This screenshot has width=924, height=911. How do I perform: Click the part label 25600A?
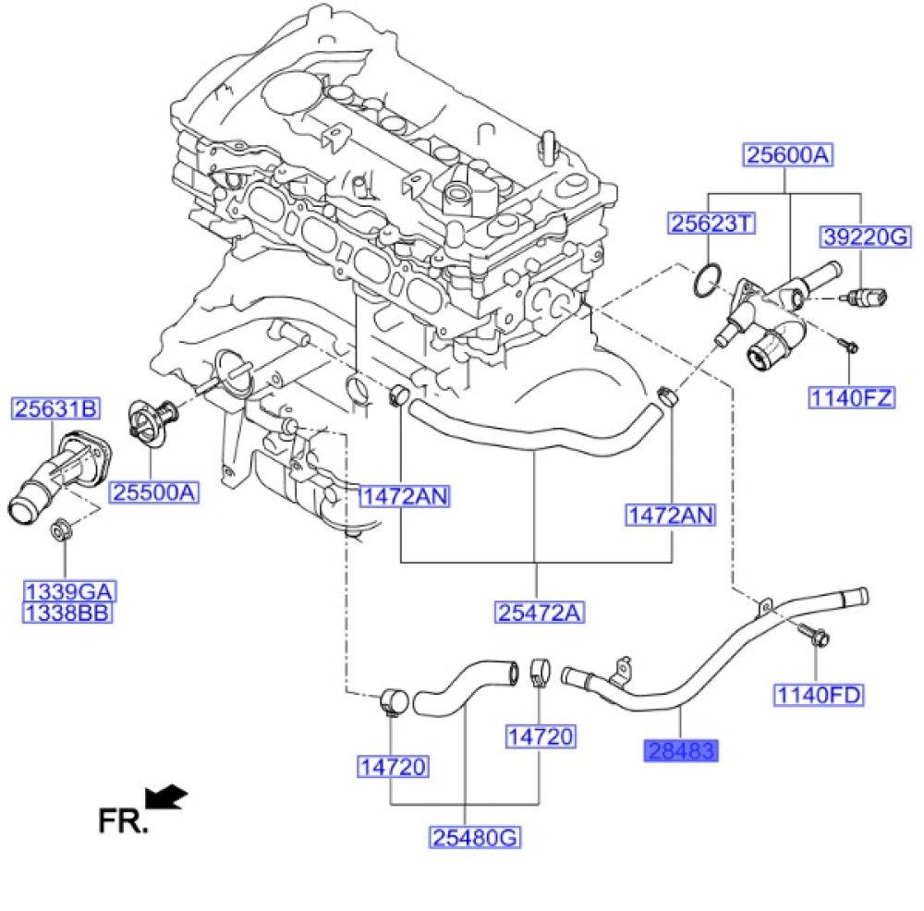pyautogui.click(x=787, y=156)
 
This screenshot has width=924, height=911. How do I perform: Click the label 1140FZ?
pyautogui.click(x=852, y=398)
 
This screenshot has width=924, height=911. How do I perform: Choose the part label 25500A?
pyautogui.click(x=155, y=493)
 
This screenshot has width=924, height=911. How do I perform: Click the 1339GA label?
pyautogui.click(x=69, y=592)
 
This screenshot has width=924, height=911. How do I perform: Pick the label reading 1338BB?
pyautogui.click(x=69, y=612)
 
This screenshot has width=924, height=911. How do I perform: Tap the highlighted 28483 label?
pyautogui.click(x=680, y=750)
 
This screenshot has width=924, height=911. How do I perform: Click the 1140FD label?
pyautogui.click(x=818, y=695)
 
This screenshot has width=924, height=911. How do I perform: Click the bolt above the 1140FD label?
pyautogui.click(x=816, y=638)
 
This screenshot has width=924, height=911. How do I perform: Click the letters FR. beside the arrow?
pyautogui.click(x=122, y=820)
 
